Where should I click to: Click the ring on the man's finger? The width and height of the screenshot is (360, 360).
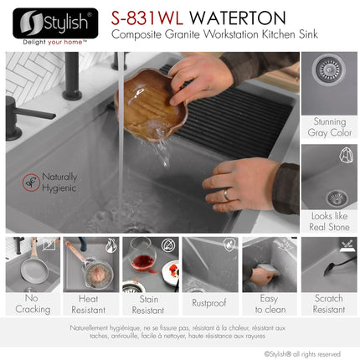225,194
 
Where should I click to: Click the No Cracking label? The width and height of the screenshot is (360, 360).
27,302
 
